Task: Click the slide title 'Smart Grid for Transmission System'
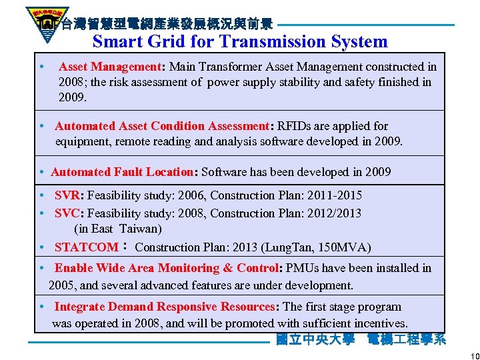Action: [240, 41]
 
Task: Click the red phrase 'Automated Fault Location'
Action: [121, 172]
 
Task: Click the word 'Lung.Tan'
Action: [288, 247]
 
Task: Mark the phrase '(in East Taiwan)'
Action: [117, 229]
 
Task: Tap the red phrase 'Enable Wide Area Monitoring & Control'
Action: [166, 268]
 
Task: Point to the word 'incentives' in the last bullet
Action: [378, 323]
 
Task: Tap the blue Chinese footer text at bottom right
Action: [361, 339]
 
